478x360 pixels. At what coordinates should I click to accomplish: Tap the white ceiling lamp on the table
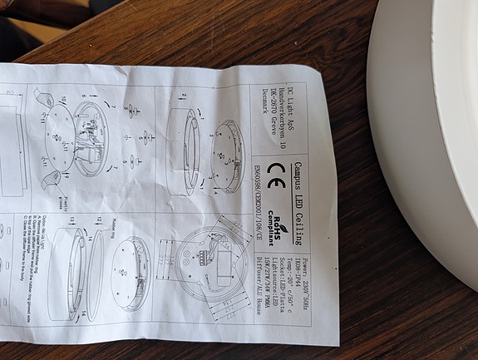[x=424, y=125]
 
